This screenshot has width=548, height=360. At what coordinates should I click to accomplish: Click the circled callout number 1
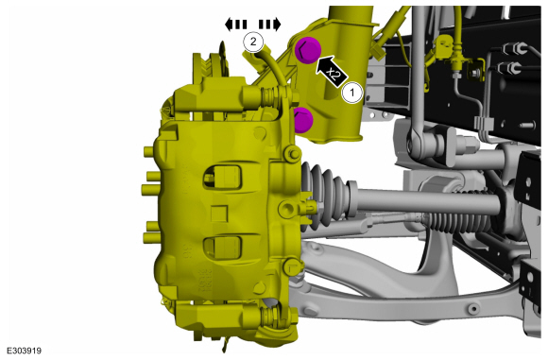click(x=351, y=93)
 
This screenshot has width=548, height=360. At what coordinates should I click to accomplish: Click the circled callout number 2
click(x=253, y=42)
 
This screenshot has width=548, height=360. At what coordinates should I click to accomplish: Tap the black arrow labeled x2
click(x=331, y=71)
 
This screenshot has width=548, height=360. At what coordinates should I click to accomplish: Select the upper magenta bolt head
click(x=308, y=50)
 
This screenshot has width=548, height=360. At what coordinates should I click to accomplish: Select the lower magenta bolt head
click(x=303, y=120)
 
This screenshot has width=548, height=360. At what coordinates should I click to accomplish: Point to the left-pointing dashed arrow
click(x=235, y=25)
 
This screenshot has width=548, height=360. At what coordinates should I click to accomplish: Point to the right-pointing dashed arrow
click(x=270, y=25)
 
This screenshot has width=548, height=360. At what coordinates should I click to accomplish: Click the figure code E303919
click(x=25, y=351)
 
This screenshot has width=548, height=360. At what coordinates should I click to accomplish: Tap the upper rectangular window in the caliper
click(x=222, y=176)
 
